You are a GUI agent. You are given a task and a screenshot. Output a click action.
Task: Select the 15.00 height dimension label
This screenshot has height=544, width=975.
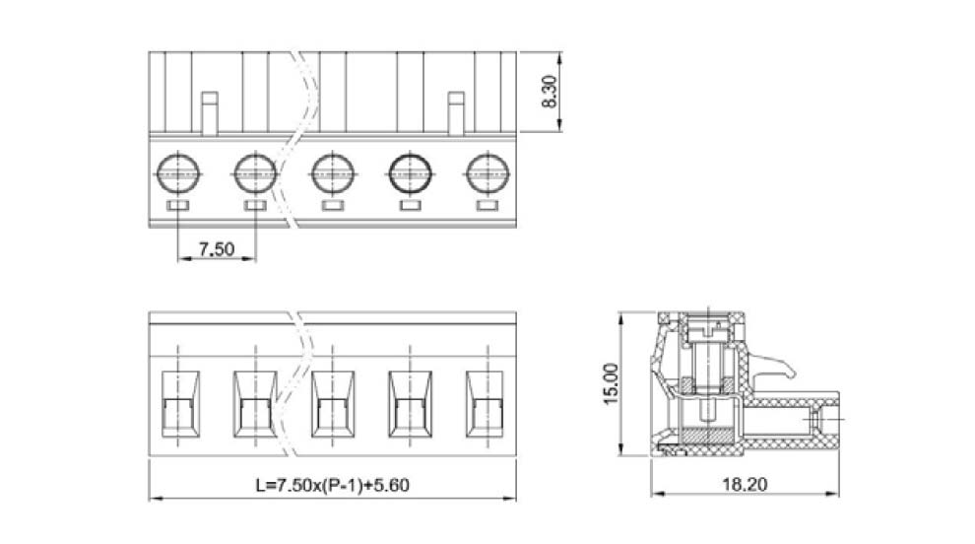tap(610, 383)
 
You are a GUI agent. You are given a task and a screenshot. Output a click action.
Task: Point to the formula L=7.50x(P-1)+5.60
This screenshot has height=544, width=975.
tap(331, 486)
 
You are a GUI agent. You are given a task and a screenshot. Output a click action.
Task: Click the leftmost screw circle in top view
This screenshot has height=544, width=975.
tap(177, 173)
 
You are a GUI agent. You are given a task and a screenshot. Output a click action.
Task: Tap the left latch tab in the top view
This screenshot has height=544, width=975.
tap(209, 113)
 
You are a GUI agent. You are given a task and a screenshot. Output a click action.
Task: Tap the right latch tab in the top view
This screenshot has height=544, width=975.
tap(455, 113)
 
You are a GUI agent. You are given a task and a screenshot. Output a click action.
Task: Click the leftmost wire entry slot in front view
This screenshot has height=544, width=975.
tap(177, 404)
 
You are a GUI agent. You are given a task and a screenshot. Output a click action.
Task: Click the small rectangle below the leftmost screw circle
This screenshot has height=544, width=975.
tap(177, 205)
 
